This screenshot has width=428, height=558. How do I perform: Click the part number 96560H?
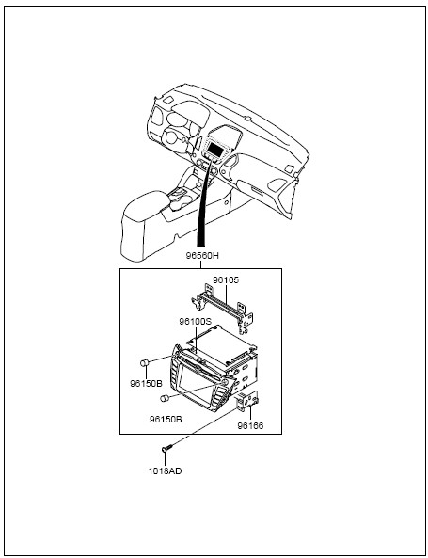pos(202,256)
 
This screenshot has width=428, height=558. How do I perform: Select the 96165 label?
pos(226,280)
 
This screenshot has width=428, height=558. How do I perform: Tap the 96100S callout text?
pos(196,322)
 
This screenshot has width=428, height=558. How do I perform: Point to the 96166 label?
pos(250,425)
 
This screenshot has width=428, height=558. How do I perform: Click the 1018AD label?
pos(165,471)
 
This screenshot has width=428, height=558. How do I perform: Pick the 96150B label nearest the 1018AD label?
pos(166,420)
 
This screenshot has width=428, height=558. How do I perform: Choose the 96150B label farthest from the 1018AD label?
pos(146,384)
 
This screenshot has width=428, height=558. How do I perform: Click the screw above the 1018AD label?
pos(166,449)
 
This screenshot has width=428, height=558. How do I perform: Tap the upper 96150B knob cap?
pos(145,363)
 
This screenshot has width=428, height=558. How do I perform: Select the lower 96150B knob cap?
pos(165,398)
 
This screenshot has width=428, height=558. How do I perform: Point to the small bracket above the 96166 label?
pos(247,401)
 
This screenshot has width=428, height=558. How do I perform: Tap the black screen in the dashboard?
pos(214,148)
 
